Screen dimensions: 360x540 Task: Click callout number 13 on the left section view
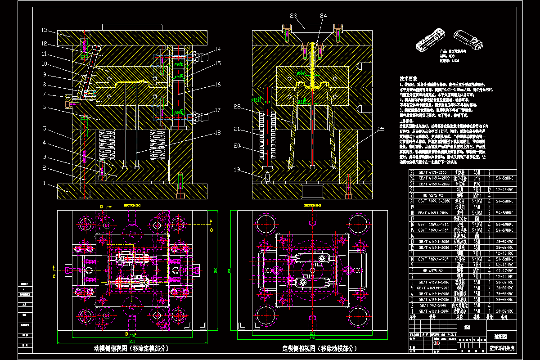tap(44, 31)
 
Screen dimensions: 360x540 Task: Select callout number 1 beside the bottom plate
tap(44, 184)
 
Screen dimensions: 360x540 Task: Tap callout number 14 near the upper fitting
tap(217, 49)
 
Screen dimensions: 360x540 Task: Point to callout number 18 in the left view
tap(217, 133)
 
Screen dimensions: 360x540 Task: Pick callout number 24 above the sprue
tap(323, 16)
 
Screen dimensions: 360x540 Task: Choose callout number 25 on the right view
tap(381, 130)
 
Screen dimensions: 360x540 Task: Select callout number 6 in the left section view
tap(44, 107)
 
